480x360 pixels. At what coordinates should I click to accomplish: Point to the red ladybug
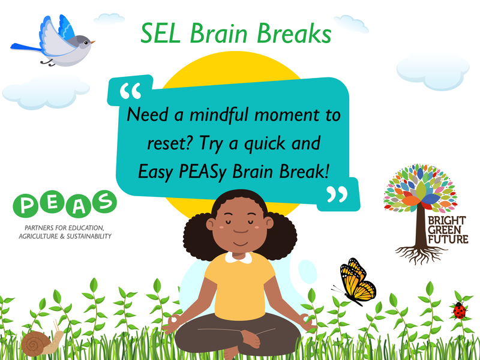point(460,310)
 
